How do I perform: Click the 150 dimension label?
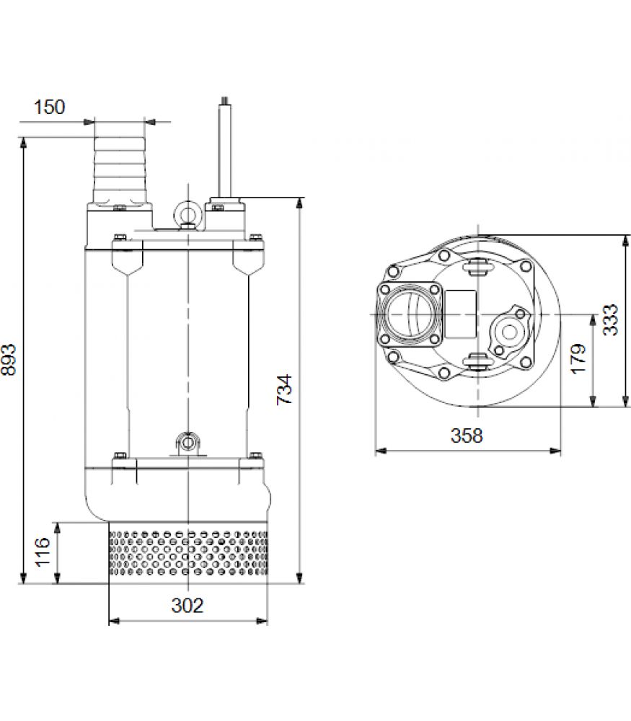coord(50,107)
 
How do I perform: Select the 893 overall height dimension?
coord(9,360)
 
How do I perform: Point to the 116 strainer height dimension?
coord(43,552)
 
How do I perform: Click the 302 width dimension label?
coord(187,605)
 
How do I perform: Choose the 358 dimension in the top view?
coord(467,435)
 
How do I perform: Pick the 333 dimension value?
coord(610,320)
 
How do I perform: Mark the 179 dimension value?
coord(578,358)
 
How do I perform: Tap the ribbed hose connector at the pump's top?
coord(120,169)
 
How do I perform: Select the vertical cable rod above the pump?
coord(225,147)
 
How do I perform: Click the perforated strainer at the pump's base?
coord(188,553)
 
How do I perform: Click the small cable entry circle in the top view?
coord(508,332)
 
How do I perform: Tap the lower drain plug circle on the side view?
coord(187,443)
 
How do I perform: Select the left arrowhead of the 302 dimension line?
coord(114,621)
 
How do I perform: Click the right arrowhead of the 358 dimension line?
coord(555,451)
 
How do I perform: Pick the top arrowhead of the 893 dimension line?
coord(23,143)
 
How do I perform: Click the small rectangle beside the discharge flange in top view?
coord(461,315)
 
